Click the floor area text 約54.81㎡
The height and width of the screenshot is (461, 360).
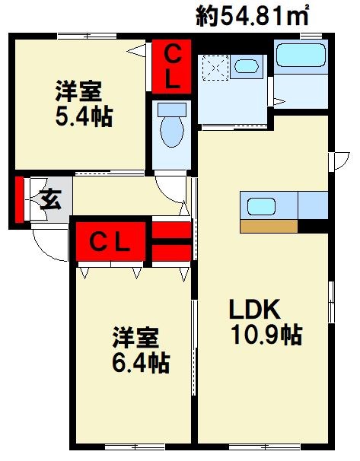tap(252, 15)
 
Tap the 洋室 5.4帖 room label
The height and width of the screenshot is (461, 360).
tap(84, 103)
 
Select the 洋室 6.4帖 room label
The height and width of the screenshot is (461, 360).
tap(141, 350)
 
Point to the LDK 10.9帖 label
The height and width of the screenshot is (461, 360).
tap(266, 322)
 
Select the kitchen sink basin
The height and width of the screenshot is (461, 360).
tap(261, 206)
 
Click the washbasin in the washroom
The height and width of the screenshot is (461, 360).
tap(247, 66)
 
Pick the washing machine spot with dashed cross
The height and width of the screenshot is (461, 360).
tap(215, 68)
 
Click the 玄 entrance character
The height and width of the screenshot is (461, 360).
tap(50, 199)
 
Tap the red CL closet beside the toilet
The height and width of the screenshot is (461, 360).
tap(171, 67)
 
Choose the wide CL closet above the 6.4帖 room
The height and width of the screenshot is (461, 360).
tap(110, 241)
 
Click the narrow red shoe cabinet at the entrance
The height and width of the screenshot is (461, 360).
tap(19, 199)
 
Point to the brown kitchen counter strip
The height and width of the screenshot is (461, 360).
tap(269, 226)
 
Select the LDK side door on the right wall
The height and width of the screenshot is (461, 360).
tap(339, 161)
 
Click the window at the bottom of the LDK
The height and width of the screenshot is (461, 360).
tap(264, 447)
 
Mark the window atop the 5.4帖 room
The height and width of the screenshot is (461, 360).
tap(87, 37)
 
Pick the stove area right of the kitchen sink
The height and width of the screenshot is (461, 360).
tap(313, 205)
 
